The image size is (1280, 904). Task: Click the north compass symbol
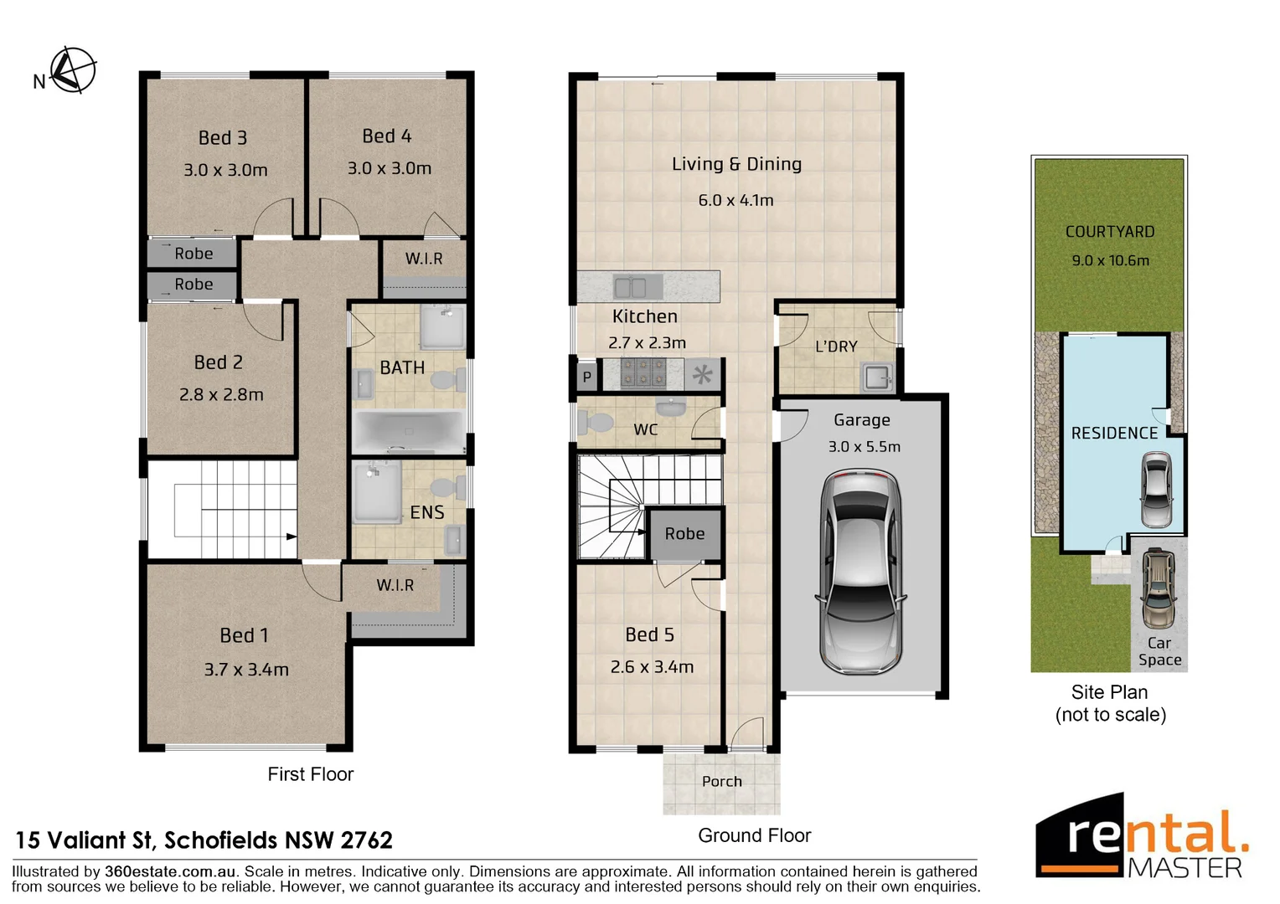pos(72,71)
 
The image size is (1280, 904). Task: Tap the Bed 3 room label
pos(223,138)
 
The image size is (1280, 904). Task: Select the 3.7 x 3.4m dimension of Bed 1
pos(246,670)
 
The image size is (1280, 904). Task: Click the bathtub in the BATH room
pos(408,431)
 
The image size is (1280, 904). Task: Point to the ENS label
pos(426,512)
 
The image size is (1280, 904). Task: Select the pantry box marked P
pos(587,377)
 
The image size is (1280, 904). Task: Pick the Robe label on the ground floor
pos(684,533)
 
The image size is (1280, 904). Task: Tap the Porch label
pos(721,781)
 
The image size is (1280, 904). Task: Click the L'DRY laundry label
pos(836,347)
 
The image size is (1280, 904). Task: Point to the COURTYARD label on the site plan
pos(1109,232)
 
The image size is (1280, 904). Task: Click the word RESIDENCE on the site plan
pos(1114,433)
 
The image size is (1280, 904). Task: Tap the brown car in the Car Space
pos(1159,588)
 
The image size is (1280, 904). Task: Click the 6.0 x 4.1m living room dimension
pos(735,200)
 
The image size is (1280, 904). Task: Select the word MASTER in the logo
pos(1185,868)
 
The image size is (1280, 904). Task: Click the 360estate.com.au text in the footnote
pos(169,871)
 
